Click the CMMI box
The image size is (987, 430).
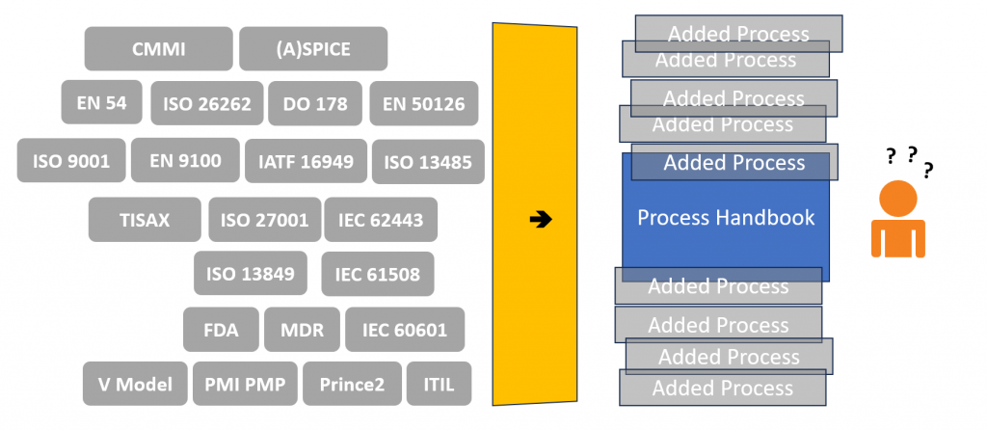pyautogui.click(x=158, y=49)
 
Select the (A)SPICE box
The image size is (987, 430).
pyautogui.click(x=313, y=49)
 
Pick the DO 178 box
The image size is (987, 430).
pyautogui.click(x=315, y=102)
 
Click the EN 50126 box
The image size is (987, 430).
pyautogui.click(x=423, y=103)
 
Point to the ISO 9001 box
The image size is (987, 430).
pyautogui.click(x=71, y=161)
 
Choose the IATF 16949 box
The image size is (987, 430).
pyautogui.click(x=306, y=162)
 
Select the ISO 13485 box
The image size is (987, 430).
pyautogui.click(x=428, y=162)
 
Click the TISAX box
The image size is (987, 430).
pyautogui.click(x=145, y=220)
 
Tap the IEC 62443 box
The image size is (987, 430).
pyautogui.click(x=381, y=220)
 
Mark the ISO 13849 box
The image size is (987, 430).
pyautogui.click(x=251, y=273)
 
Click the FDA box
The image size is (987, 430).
pyautogui.click(x=221, y=330)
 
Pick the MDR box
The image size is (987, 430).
pyautogui.click(x=302, y=330)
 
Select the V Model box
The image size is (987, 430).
pyautogui.click(x=135, y=384)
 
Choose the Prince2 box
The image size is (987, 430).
pyautogui.click(x=352, y=384)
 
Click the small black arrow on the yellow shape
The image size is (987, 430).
pyautogui.click(x=541, y=220)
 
